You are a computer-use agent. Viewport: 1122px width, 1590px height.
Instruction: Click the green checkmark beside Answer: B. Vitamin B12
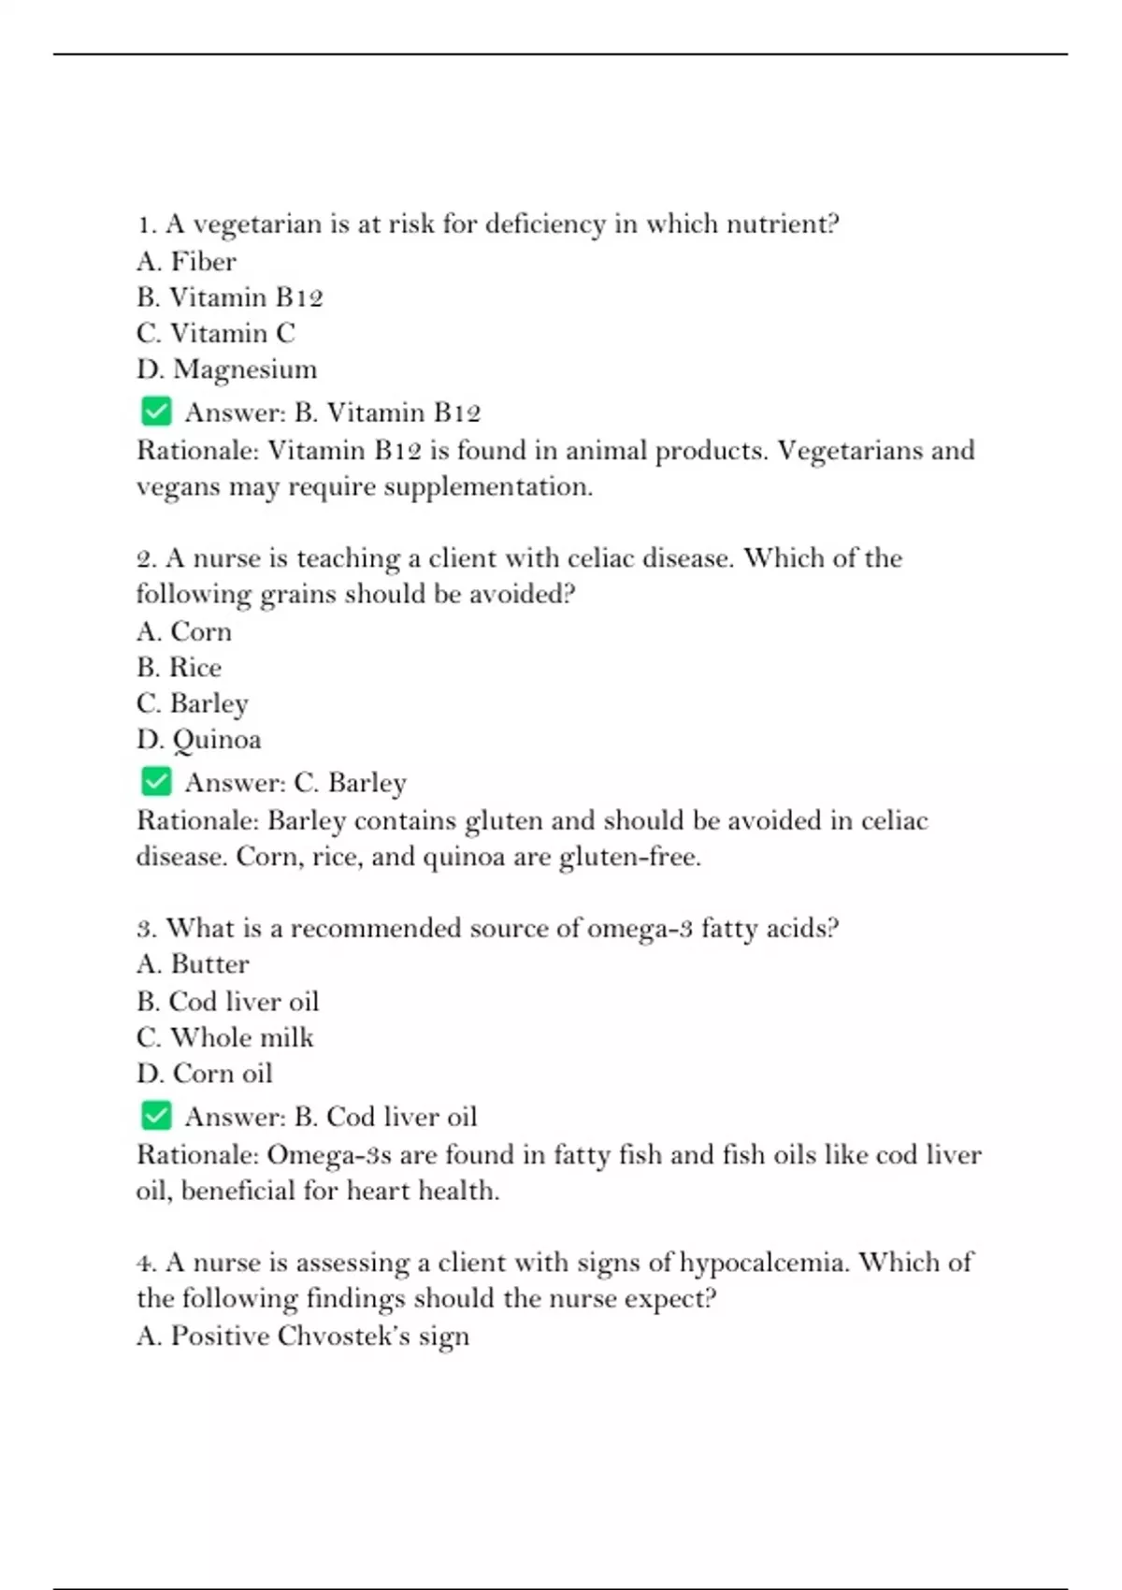[156, 412]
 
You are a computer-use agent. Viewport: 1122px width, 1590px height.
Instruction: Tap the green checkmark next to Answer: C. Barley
[156, 781]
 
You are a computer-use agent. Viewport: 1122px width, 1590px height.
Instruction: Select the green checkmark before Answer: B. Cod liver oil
[156, 1115]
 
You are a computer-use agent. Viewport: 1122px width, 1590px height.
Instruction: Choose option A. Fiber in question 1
[186, 261]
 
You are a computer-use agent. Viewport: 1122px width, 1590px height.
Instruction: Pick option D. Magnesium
[226, 369]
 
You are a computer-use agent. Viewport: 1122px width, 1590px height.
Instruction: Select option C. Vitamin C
[215, 333]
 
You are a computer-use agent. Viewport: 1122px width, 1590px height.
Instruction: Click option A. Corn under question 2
[184, 631]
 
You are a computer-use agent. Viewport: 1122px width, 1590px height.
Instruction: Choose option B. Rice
[179, 667]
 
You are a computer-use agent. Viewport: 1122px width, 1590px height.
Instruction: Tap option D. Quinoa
[198, 739]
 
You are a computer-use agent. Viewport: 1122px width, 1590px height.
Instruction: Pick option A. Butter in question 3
[193, 964]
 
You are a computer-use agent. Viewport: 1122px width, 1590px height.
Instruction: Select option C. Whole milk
[224, 1037]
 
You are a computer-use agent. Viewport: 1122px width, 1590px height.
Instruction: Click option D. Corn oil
[204, 1073]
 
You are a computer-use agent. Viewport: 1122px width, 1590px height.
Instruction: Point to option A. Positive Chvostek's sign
[302, 1336]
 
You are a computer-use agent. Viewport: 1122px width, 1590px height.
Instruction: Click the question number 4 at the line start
[146, 1263]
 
